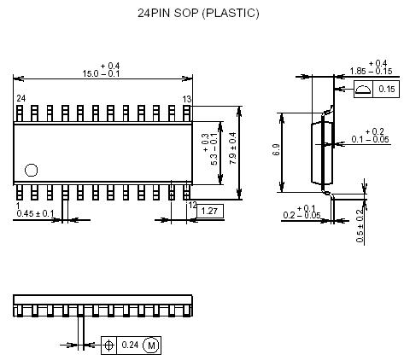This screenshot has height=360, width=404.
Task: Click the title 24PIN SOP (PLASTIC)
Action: point(197,15)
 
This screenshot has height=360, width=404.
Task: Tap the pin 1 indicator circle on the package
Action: point(32,169)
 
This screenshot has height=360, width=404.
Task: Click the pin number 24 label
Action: point(20,100)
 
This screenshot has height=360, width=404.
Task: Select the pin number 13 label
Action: point(186,100)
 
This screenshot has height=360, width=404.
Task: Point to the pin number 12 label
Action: point(192,206)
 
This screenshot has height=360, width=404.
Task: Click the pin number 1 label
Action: point(18,206)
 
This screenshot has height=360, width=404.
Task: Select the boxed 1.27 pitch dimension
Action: point(211,211)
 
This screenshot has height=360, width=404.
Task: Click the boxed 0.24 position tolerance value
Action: point(130,345)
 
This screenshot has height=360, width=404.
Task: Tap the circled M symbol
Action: point(151,345)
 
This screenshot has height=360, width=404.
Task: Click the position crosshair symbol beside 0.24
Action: point(109,345)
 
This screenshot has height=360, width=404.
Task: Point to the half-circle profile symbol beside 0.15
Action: point(362,89)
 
